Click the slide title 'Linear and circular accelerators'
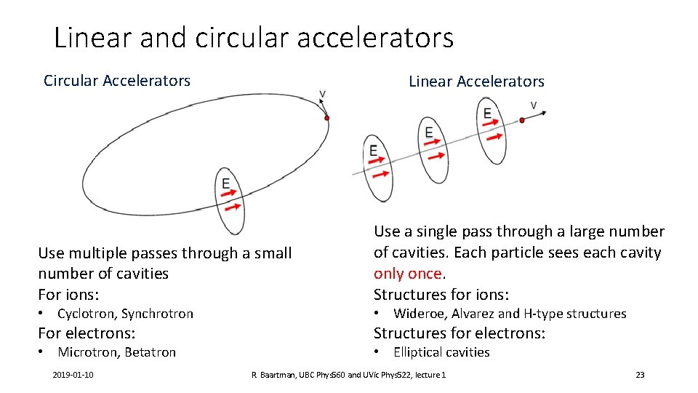[x=254, y=37]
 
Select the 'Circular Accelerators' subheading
[x=117, y=81]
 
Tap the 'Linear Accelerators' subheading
[x=476, y=82]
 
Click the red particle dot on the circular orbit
[x=327, y=118]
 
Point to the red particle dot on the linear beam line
[x=521, y=120]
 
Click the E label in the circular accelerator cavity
[x=226, y=183]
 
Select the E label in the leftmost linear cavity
[x=373, y=151]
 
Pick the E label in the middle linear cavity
[x=429, y=132]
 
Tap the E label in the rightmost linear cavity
[x=487, y=113]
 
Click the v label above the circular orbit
[x=322, y=94]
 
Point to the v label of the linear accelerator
[x=534, y=106]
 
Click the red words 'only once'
[x=408, y=274]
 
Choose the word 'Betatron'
[x=151, y=352]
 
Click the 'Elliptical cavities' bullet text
[x=441, y=352]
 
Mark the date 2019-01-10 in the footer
[x=78, y=375]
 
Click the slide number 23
[x=640, y=375]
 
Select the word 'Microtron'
[x=88, y=352]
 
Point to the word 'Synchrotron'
[x=158, y=314]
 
